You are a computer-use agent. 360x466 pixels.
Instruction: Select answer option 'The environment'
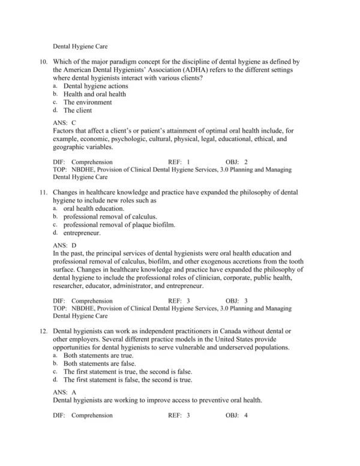tap(87, 102)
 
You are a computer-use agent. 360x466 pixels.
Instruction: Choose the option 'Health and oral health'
tap(95, 94)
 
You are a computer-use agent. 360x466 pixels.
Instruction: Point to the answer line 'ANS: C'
tap(65, 123)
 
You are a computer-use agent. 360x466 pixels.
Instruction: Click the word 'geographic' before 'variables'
tap(71, 147)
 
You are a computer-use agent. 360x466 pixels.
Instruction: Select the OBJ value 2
tap(246, 162)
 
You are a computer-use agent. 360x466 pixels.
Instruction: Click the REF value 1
tap(188, 162)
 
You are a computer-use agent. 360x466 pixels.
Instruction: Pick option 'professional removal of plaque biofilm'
tap(116, 224)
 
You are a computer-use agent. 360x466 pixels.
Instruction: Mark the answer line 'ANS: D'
tap(65, 246)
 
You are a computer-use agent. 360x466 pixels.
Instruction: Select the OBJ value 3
tap(246, 300)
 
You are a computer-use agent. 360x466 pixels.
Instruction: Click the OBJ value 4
tap(246, 415)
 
